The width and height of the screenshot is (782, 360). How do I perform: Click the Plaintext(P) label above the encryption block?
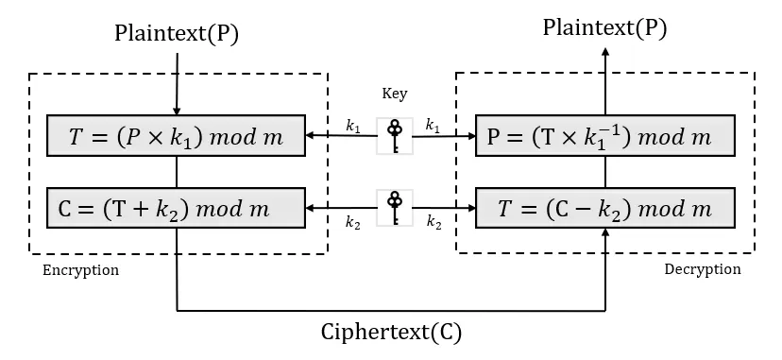click(177, 33)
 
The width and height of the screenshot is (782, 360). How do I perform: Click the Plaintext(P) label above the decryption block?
click(604, 27)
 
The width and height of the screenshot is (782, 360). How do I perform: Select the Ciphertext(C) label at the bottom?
click(392, 333)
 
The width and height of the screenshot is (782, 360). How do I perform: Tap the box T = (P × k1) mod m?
click(177, 136)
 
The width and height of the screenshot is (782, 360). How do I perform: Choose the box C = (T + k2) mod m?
click(177, 208)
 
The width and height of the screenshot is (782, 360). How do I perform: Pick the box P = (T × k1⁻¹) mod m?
click(604, 136)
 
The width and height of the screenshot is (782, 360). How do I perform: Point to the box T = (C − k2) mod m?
click(604, 208)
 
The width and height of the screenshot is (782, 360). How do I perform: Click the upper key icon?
click(394, 135)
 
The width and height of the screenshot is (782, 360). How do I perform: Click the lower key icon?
click(394, 207)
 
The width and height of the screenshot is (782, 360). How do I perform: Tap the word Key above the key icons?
click(394, 94)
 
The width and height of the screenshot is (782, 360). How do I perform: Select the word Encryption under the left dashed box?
click(81, 270)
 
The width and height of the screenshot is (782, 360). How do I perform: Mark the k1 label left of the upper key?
click(354, 125)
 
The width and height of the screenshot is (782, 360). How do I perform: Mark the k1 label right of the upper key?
click(433, 125)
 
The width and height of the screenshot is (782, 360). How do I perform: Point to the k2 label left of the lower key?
click(354, 222)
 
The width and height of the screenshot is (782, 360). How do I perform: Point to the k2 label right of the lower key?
click(433, 222)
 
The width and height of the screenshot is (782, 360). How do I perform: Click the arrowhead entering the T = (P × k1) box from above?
click(177, 111)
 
